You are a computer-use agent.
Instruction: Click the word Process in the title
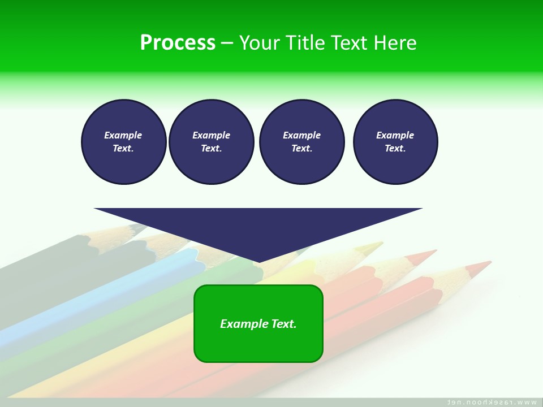[178, 43]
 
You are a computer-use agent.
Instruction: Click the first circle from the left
[123, 142]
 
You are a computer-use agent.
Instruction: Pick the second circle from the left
[211, 142]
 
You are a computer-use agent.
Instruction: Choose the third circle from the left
[301, 142]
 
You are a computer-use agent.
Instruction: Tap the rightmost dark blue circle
[395, 142]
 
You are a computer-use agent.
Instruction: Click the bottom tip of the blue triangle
[258, 262]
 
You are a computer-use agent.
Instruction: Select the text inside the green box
[258, 324]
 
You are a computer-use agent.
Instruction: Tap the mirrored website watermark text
[492, 402]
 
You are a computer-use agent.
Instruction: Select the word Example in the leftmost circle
[123, 135]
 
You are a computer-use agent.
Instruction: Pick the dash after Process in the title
[227, 43]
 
